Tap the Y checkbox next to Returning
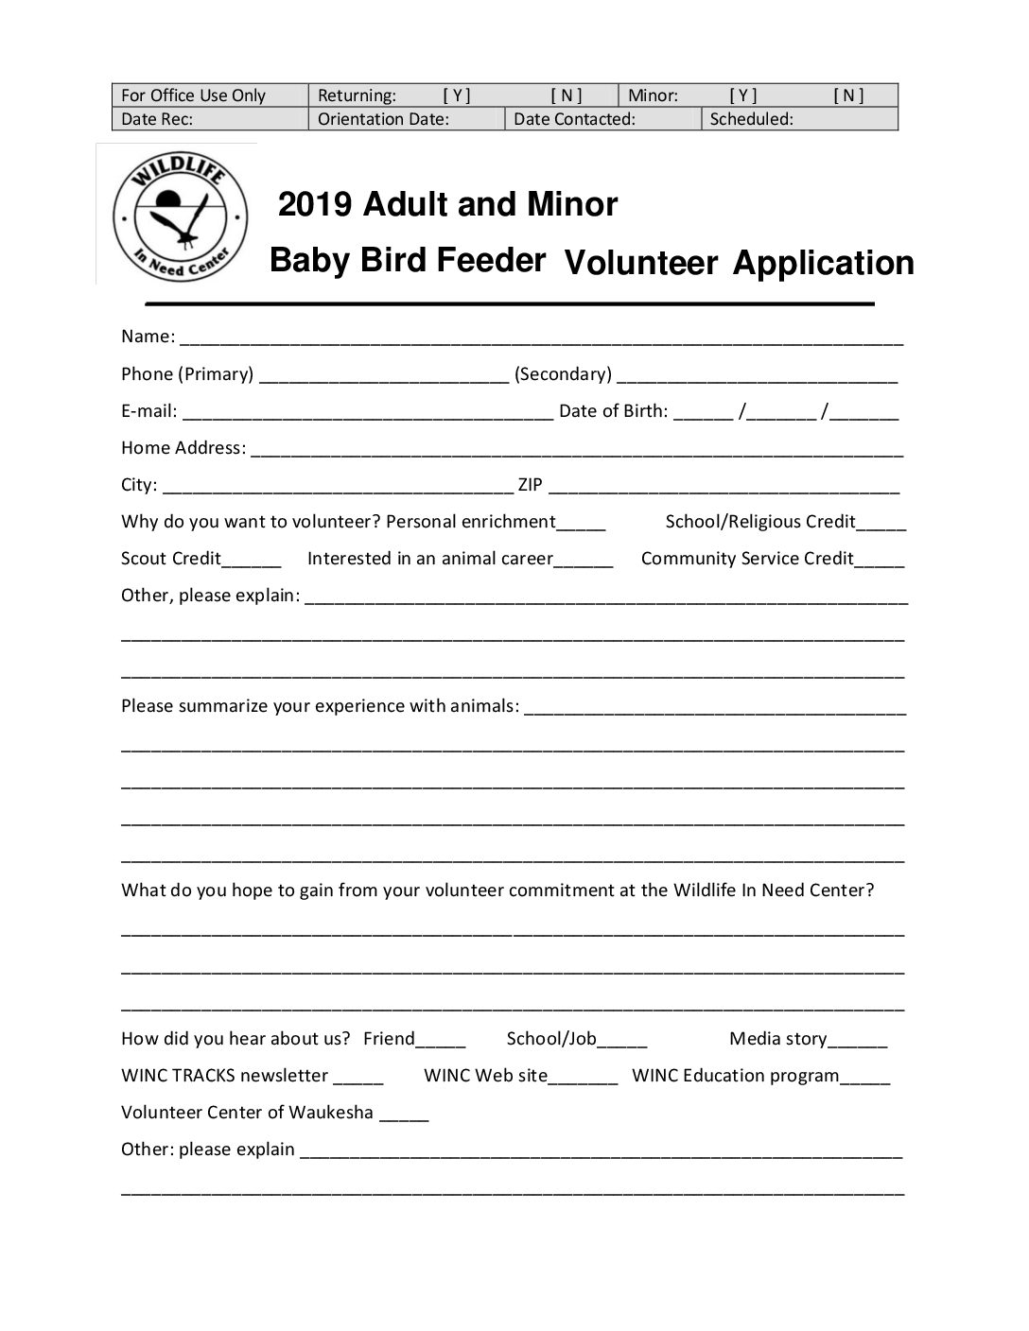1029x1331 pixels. (457, 95)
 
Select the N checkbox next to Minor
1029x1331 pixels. (848, 95)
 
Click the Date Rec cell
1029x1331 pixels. (210, 119)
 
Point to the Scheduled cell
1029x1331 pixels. (798, 119)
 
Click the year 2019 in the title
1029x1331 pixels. (315, 204)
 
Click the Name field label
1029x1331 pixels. (148, 337)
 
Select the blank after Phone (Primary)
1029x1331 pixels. (383, 376)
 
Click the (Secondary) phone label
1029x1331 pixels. (563, 374)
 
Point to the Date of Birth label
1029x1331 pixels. (613, 411)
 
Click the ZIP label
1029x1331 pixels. (530, 485)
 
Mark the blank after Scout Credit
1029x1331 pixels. (252, 561)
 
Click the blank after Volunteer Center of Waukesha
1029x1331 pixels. (404, 1115)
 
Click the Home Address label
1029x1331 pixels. (183, 448)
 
